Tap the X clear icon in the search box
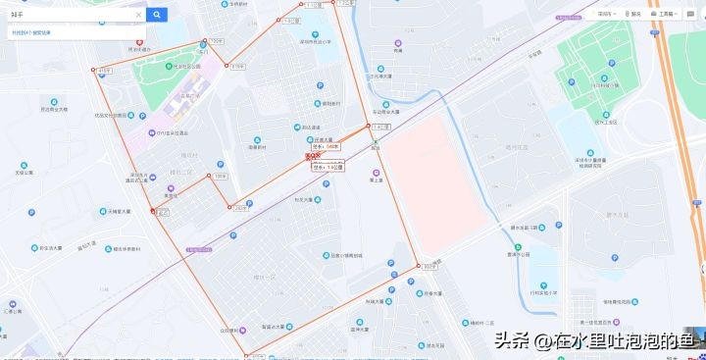pos(138,14)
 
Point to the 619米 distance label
pos(237,67)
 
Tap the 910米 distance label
pos(429,266)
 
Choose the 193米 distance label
pos(220,177)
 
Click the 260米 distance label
pos(241,207)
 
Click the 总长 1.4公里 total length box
pos(328,167)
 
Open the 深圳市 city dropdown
pos(605,14)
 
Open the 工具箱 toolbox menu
pos(664,14)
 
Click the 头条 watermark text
pos(510,341)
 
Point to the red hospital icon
pos(139,42)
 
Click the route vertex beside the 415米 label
pos(94,71)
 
